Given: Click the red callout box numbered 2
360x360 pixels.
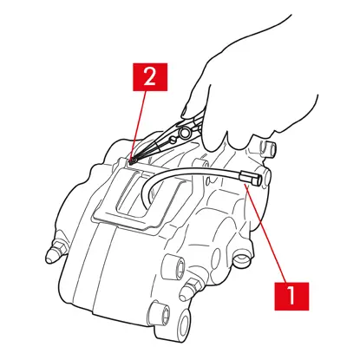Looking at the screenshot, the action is tap(150, 77).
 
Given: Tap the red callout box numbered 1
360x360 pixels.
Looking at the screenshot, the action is tap(291, 297).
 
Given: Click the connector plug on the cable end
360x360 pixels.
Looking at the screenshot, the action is tap(251, 178).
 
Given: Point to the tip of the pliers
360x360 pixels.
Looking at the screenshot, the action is tap(131, 162).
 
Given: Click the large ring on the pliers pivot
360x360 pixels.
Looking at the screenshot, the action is tap(184, 133).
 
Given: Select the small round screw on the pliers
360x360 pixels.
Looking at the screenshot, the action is tap(173, 140).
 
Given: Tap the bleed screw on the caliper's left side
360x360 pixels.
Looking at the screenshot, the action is tap(55, 251).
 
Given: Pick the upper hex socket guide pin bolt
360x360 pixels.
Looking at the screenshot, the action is tap(174, 267).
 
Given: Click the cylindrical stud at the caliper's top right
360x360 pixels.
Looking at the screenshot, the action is tap(267, 149).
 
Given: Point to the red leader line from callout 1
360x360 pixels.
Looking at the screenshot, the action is tap(266, 233).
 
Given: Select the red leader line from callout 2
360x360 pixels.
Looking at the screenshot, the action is tap(138, 126).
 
